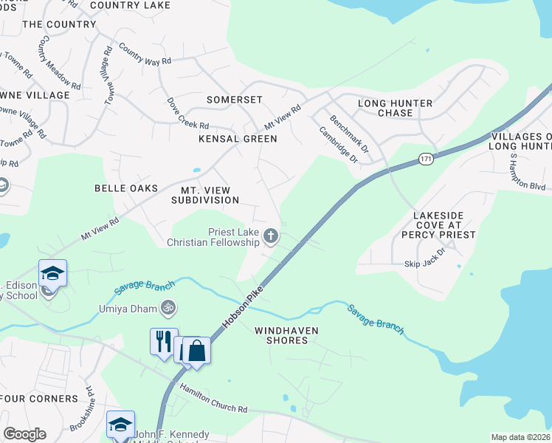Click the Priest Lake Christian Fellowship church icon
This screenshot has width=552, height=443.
click(x=271, y=236)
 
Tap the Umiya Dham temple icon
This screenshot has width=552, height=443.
click(x=168, y=306)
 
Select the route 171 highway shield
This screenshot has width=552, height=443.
click(x=426, y=159)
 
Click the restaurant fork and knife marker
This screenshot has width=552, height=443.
click(x=164, y=342)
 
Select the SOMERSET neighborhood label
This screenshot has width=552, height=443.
click(x=234, y=100)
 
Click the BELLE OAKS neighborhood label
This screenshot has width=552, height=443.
click(x=126, y=188)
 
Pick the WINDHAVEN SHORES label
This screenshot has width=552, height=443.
click(x=281, y=335)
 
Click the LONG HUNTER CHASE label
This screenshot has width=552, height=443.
click(x=396, y=108)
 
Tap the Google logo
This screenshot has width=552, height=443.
click(x=24, y=434)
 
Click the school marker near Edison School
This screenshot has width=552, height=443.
click(x=53, y=274)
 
